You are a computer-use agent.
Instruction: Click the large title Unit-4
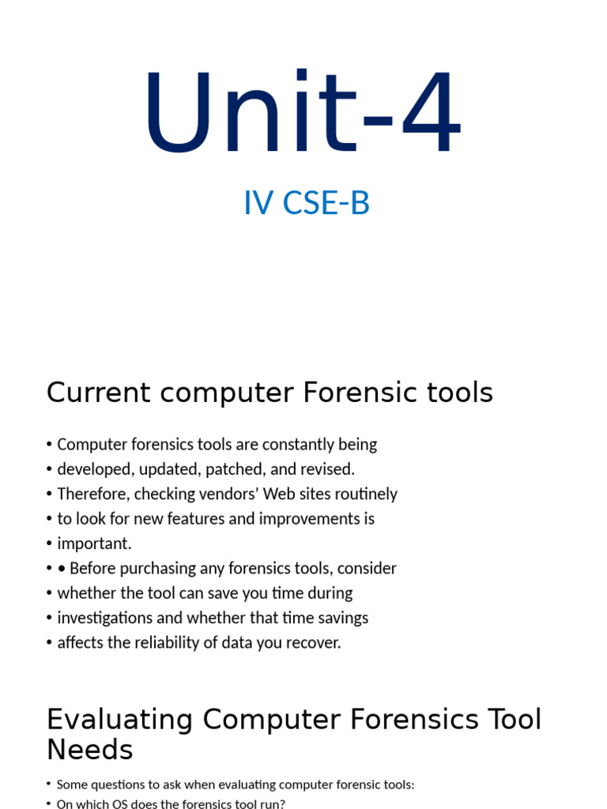303,115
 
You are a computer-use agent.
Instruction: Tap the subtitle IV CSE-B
307,204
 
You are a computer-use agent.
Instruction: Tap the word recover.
315,642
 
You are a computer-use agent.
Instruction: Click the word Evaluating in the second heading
119,720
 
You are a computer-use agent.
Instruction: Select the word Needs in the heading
89,750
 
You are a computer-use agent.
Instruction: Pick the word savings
341,618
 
